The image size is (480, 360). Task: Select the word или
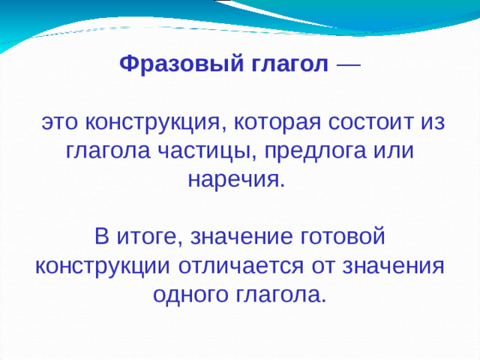394,151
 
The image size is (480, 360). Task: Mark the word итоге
146,237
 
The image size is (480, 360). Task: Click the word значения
395,265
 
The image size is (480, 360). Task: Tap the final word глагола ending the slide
284,294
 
